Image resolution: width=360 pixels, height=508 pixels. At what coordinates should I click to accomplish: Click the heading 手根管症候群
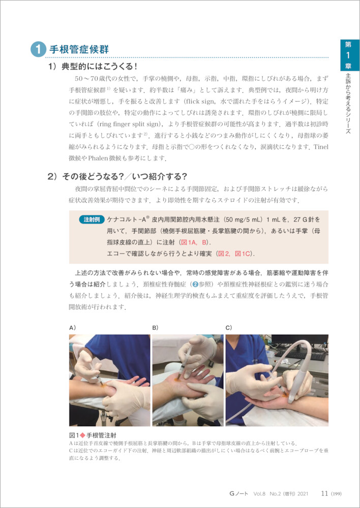[79, 50]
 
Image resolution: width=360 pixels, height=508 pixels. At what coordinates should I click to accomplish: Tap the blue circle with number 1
[39, 50]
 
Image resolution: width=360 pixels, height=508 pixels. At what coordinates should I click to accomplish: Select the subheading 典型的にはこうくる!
[93, 67]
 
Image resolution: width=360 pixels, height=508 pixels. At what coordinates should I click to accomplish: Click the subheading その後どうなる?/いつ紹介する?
[118, 177]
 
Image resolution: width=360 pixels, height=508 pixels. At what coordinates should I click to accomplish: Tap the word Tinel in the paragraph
[321, 147]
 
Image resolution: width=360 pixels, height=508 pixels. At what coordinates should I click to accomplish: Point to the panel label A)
[72, 328]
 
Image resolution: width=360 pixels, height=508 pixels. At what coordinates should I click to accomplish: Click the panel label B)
[156, 328]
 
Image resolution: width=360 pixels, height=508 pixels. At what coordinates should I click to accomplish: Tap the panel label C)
[229, 328]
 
